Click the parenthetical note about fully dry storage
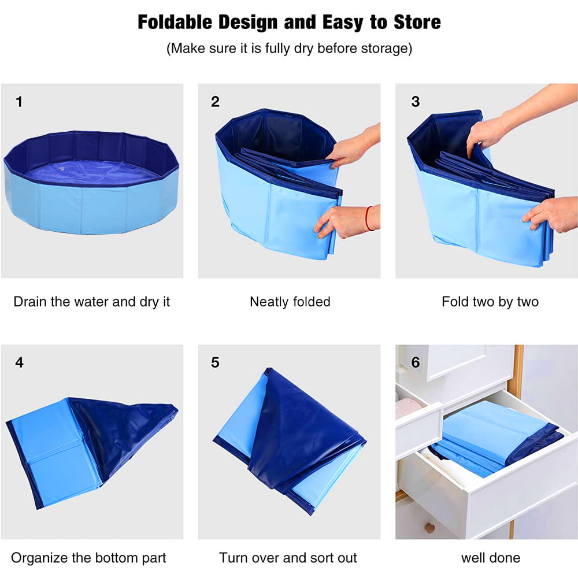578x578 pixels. [289, 48]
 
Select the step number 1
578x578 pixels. [19, 102]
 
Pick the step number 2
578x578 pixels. [215, 102]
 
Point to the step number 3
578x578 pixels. [415, 102]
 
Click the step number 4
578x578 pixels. [19, 363]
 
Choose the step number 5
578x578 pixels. [215, 363]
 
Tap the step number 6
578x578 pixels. [415, 363]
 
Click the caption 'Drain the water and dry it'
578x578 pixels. [92, 302]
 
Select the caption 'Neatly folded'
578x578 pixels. [290, 302]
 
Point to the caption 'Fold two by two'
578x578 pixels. [490, 302]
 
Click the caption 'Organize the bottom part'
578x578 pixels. [88, 558]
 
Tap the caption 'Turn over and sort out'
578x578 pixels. [288, 558]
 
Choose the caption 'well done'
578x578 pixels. [490, 558]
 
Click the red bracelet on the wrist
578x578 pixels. [368, 218]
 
